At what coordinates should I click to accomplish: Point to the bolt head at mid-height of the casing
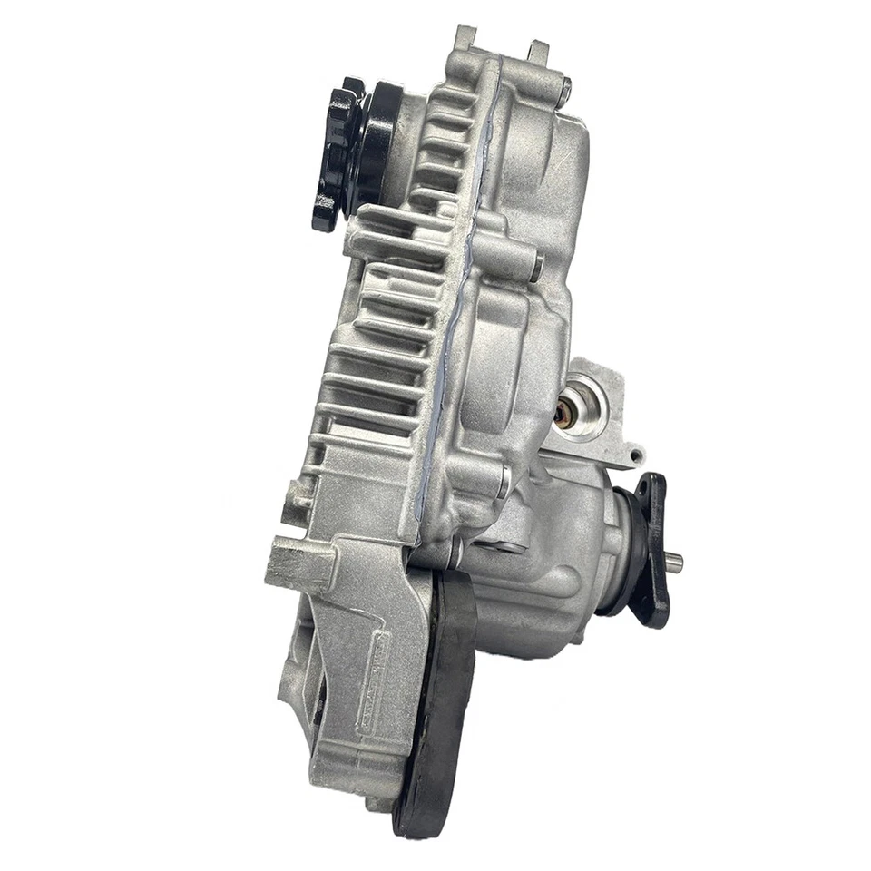pyautogui.click(x=536, y=267)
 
